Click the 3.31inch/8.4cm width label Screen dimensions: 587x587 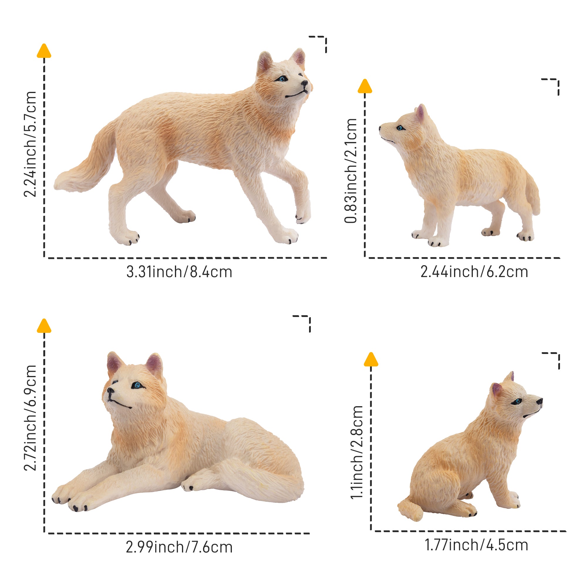pos(179,272)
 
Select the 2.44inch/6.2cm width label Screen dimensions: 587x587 pos(474,272)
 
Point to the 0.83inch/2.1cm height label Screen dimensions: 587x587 pos(351,171)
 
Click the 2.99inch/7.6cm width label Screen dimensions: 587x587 pos(179,547)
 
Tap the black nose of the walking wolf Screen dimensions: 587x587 pos(304,83)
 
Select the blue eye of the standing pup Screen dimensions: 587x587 pos(400,128)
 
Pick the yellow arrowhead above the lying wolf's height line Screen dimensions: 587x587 pos(44,326)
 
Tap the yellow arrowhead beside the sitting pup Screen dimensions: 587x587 pos(371,360)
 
